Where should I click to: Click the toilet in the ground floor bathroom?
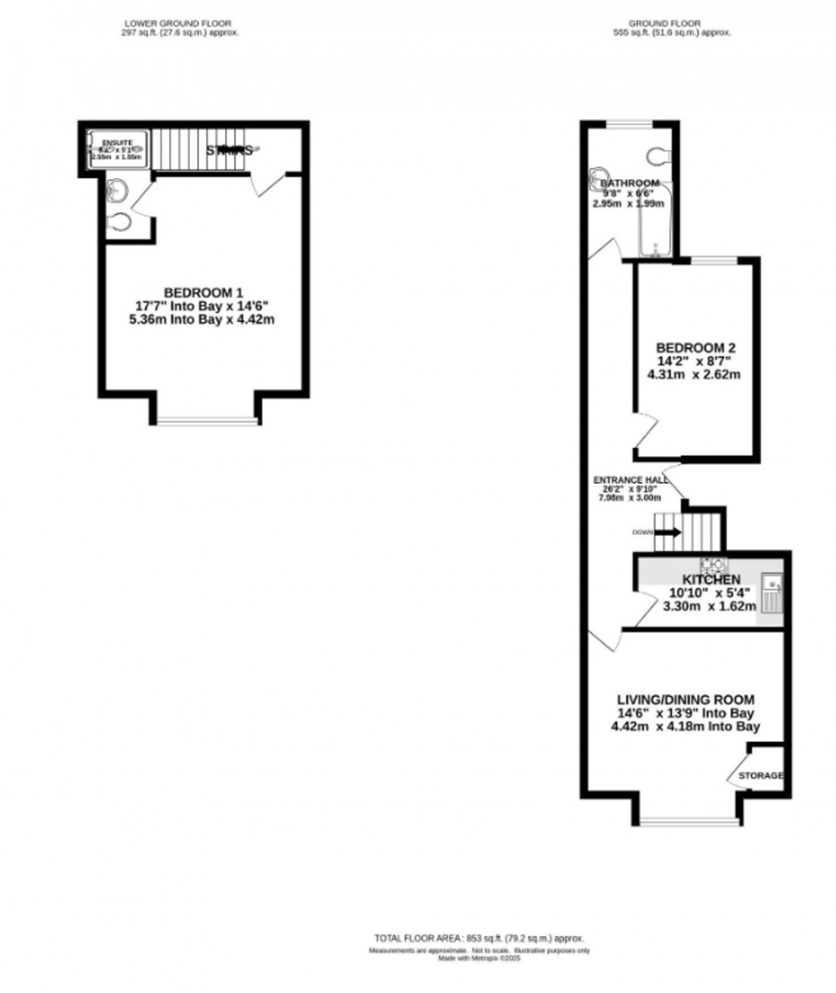click(x=659, y=155)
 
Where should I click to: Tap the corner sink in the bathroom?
click(x=596, y=179)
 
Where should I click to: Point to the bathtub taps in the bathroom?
click(x=655, y=249)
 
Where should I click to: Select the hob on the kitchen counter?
click(x=713, y=565)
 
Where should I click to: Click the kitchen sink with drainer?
click(x=772, y=595)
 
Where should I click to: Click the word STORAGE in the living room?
click(x=760, y=775)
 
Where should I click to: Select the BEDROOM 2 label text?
click(x=695, y=348)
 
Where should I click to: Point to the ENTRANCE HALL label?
click(x=631, y=480)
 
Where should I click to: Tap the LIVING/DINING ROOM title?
click(x=685, y=700)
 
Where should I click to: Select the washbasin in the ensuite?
click(x=117, y=192)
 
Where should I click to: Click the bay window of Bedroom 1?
click(x=205, y=421)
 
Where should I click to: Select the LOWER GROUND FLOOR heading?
click(x=177, y=22)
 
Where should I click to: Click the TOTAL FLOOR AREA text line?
click(x=479, y=938)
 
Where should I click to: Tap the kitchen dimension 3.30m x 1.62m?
click(x=709, y=607)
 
